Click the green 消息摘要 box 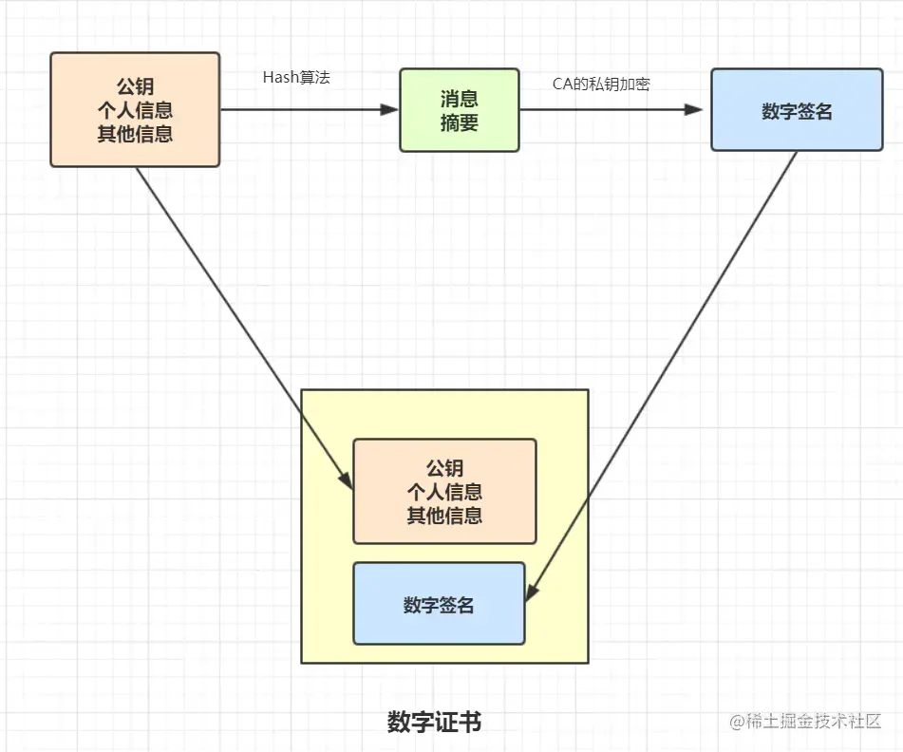tap(459, 109)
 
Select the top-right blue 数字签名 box tap(797, 110)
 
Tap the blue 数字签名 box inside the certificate tap(439, 604)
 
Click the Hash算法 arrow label tap(296, 78)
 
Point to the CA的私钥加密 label tap(601, 84)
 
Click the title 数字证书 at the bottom tap(435, 722)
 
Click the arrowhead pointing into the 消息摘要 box tap(390, 109)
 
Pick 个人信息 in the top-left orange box tap(135, 111)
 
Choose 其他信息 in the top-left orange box tap(135, 134)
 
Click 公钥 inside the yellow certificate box tap(444, 468)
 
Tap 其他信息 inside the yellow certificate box tap(444, 516)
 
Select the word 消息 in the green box tap(459, 99)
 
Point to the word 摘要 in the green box tap(459, 122)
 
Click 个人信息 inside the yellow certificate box tap(444, 492)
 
